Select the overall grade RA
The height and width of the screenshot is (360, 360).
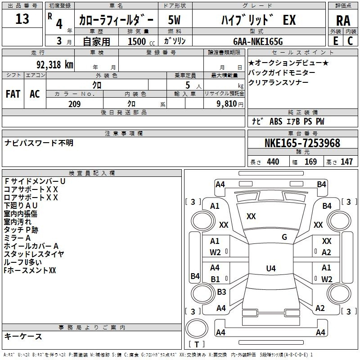[x=343, y=20]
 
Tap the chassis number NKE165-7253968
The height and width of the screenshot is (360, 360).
[x=302, y=143]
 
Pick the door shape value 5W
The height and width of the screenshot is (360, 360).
[x=175, y=20]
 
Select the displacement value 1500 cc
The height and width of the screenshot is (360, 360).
[x=139, y=41]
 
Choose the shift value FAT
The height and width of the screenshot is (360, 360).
[x=13, y=94]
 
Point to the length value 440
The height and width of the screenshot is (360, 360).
[x=273, y=162]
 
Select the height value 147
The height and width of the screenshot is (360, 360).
[x=346, y=162]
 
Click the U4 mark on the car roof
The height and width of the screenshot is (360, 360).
[x=270, y=269]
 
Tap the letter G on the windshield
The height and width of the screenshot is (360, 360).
[x=284, y=237]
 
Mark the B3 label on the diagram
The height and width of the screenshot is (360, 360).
[x=221, y=292]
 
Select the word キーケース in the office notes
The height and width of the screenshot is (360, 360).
[x=23, y=336]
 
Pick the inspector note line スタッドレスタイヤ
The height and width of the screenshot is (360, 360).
[x=33, y=254]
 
